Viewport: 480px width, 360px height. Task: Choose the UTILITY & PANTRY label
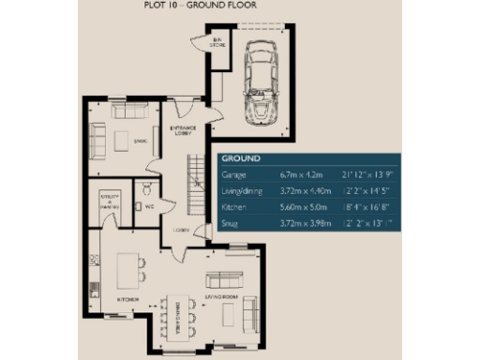111,202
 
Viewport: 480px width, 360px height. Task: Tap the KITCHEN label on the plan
127,299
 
